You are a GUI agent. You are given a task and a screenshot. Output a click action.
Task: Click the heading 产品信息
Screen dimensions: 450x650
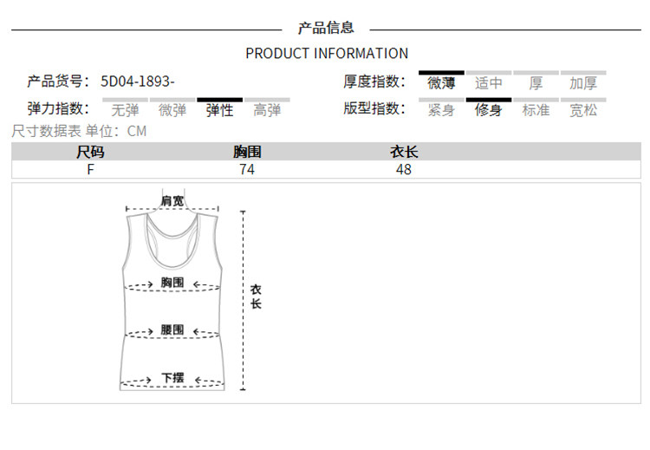point(326,29)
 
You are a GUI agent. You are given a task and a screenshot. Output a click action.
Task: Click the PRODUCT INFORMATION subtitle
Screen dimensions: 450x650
point(327,53)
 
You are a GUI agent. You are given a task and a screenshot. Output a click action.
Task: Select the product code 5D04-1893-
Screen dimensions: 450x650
point(138,82)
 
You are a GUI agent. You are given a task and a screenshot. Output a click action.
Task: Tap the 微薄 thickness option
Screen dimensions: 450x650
point(441,83)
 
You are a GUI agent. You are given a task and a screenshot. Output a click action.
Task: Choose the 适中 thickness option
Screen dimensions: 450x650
point(489,83)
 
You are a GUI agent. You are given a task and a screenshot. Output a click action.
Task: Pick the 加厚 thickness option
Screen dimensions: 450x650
point(583,83)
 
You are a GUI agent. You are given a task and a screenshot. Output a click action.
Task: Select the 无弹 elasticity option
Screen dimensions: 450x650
point(126,110)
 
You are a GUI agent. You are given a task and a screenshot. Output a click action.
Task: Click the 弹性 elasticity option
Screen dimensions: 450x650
point(219,110)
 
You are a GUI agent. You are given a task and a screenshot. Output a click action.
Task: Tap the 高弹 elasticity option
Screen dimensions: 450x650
point(267,110)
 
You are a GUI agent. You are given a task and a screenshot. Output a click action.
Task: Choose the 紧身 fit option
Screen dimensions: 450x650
point(441,110)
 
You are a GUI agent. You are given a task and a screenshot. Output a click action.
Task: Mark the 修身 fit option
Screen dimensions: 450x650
point(489,110)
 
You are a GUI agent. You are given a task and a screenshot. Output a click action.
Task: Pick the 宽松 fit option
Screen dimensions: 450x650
point(583,110)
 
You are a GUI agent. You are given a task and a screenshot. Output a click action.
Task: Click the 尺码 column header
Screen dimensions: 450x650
point(90,153)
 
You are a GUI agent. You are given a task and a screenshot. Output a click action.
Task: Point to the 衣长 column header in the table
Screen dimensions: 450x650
point(404,153)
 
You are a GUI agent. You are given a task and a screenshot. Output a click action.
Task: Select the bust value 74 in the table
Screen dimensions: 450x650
point(247,170)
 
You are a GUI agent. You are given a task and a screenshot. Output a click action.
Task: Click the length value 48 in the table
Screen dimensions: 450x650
point(404,170)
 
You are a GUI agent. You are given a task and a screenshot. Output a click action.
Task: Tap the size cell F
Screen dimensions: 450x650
point(90,170)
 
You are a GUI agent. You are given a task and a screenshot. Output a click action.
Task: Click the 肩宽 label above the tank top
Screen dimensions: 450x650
point(172,201)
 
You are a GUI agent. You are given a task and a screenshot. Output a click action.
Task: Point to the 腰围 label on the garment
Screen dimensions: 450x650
point(172,330)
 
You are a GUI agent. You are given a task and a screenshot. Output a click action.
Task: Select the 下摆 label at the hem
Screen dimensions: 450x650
point(172,378)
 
